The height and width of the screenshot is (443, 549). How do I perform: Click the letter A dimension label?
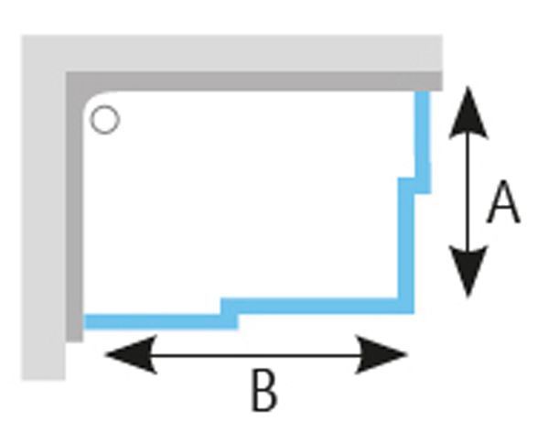coord(503,202)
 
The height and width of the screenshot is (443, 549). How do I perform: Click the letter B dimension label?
coord(264,391)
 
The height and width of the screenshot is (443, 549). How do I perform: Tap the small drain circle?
coord(104,120)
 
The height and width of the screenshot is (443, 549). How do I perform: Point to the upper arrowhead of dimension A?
coord(468,113)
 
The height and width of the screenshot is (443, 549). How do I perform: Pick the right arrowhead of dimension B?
coord(381,355)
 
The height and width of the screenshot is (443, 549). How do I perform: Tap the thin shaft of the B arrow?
coord(256,355)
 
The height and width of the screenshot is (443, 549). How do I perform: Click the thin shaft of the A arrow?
coord(468,192)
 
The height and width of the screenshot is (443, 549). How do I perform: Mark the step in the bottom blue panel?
coord(230,314)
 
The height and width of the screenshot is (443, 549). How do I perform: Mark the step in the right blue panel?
coord(414,186)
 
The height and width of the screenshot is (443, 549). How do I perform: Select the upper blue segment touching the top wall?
coord(422,142)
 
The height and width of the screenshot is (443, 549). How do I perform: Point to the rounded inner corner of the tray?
coord(94,101)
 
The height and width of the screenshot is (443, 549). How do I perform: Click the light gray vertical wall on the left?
coord(43,224)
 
